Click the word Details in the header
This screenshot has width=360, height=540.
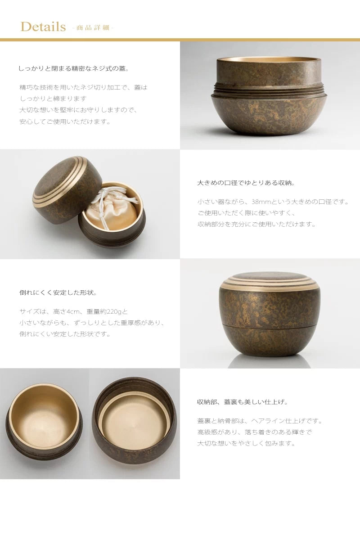[43, 27]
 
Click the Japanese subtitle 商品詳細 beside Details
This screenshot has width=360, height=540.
[93, 28]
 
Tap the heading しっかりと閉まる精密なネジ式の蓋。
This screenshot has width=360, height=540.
[74, 68]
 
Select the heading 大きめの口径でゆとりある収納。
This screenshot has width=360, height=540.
[246, 183]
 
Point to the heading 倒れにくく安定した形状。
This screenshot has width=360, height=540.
[58, 292]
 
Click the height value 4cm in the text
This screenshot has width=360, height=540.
[76, 311]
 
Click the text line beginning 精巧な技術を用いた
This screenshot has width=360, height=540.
[83, 87]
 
